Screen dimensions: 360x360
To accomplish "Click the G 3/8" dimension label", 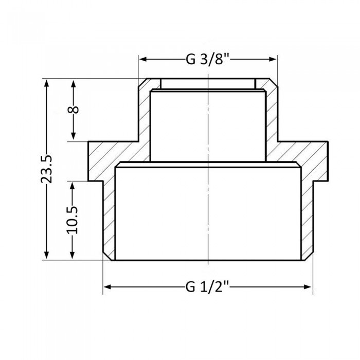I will click(x=208, y=59).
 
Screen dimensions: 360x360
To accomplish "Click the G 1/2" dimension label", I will click(x=208, y=287).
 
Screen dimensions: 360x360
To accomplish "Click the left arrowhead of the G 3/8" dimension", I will click(x=143, y=59).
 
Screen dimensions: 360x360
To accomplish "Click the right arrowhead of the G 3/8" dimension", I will click(x=273, y=59).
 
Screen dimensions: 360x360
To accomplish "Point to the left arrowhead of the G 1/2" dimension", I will click(x=108, y=287).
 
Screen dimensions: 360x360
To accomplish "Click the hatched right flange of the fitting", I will click(x=309, y=159).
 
